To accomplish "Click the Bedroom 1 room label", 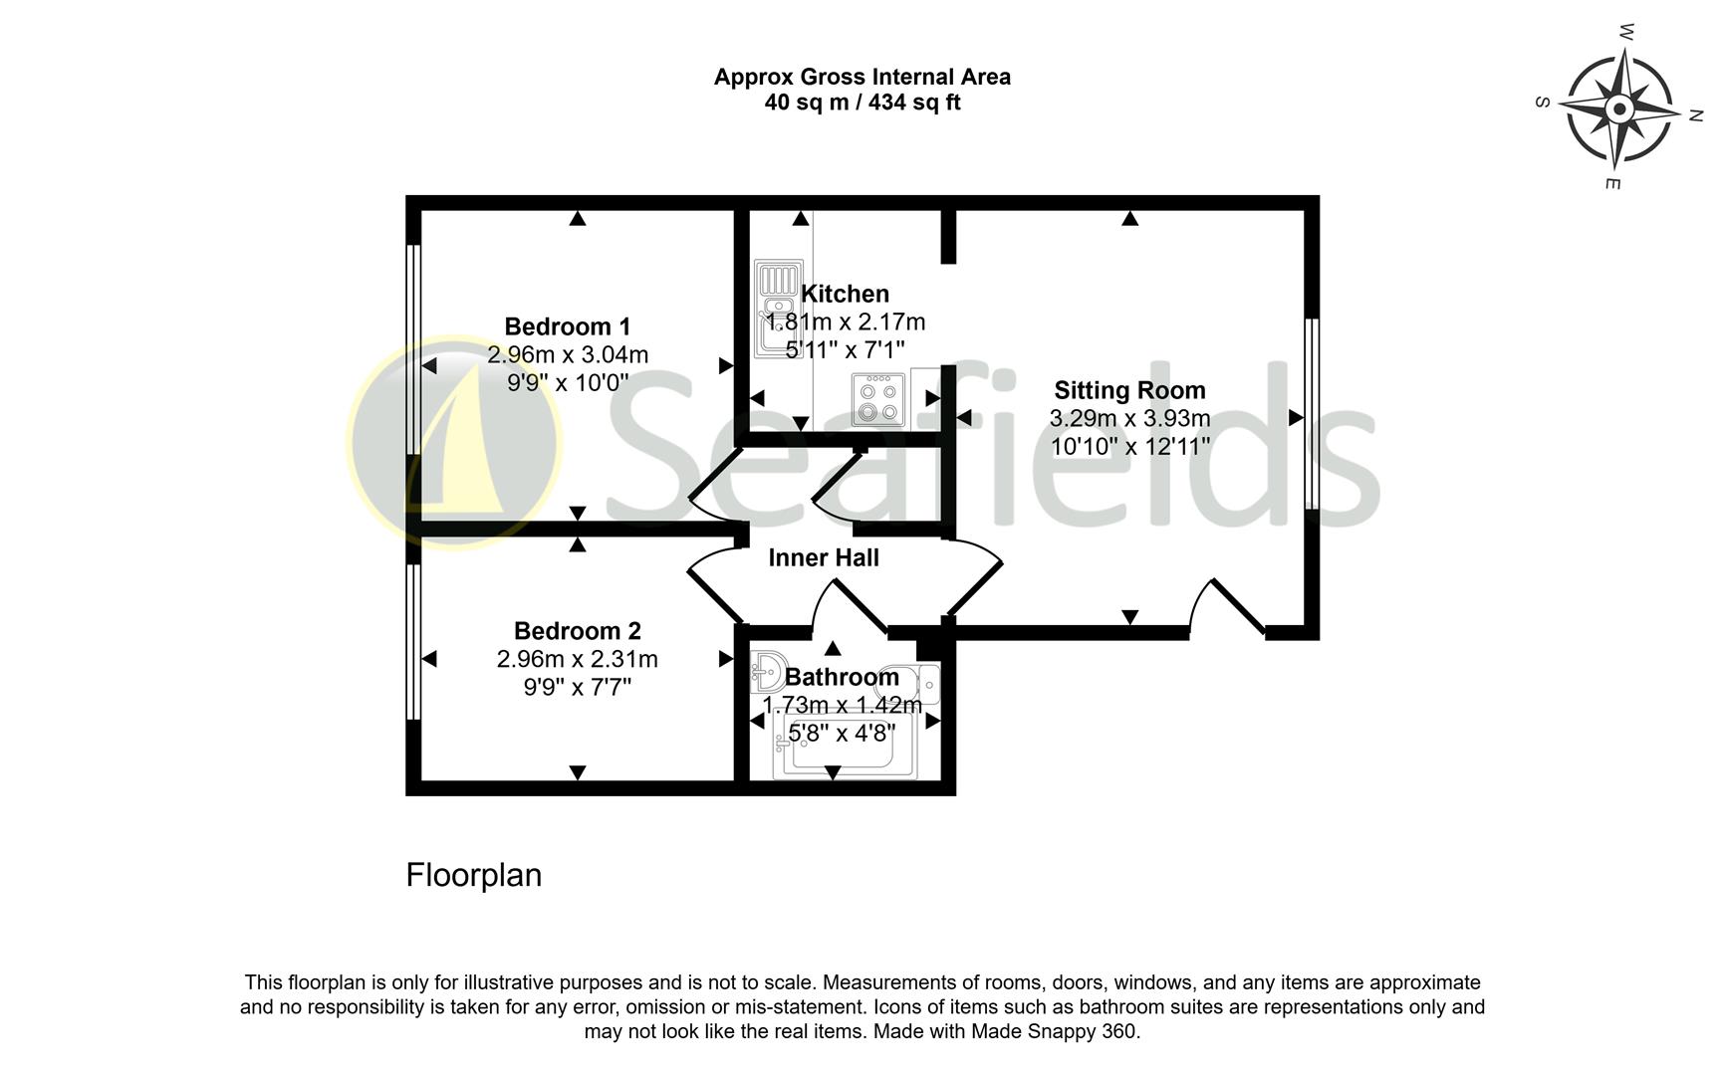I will click(567, 326).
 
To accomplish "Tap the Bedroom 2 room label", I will click(577, 631).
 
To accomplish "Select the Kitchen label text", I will click(845, 294).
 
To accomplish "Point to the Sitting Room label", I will click(1129, 390).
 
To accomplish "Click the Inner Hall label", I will click(824, 557).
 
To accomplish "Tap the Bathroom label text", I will click(842, 677).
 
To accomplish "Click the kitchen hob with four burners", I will click(878, 399).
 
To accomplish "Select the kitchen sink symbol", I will click(778, 308).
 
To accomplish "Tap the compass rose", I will click(1618, 109).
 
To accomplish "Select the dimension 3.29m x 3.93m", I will click(1129, 418).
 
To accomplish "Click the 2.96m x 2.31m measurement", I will click(577, 659).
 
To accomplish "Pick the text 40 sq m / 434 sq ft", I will click(862, 103).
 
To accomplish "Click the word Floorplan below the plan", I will click(473, 875).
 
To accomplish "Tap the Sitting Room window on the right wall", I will click(1312, 413).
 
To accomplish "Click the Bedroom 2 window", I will click(412, 641).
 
